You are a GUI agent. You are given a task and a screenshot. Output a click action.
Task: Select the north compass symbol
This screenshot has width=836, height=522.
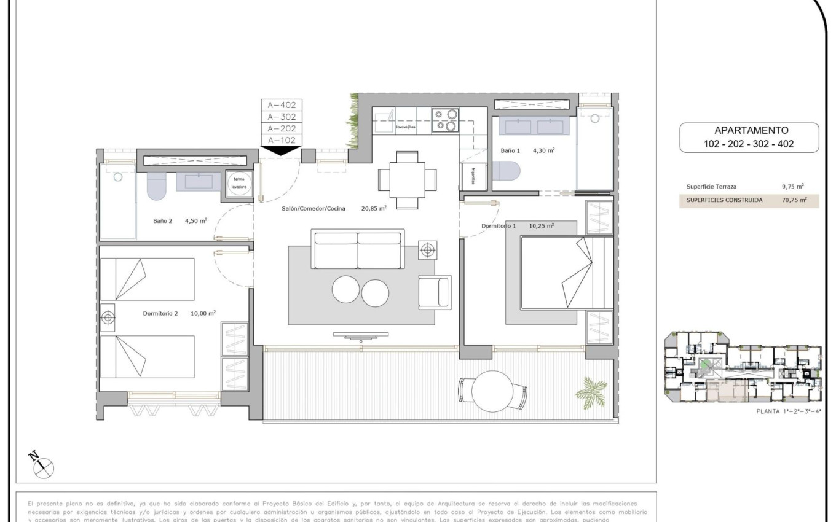[x=42, y=466]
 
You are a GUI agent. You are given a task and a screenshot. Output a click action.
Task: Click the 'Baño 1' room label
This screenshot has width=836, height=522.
[x=510, y=150]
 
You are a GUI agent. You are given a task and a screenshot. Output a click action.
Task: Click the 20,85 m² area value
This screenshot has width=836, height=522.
[x=374, y=209]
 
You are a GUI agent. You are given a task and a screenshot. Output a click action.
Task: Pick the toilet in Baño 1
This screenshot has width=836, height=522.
[x=506, y=169]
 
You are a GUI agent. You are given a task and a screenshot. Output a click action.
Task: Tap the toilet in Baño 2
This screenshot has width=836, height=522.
[x=157, y=186]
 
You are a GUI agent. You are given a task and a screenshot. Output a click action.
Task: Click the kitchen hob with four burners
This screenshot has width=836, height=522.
[x=445, y=120]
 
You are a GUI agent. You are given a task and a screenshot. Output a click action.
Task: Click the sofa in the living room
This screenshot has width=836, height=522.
[x=358, y=249]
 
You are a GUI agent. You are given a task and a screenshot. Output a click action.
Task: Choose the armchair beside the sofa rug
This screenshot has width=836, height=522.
[x=434, y=292]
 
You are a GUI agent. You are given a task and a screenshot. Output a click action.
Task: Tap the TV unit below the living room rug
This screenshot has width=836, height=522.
[x=361, y=335]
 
